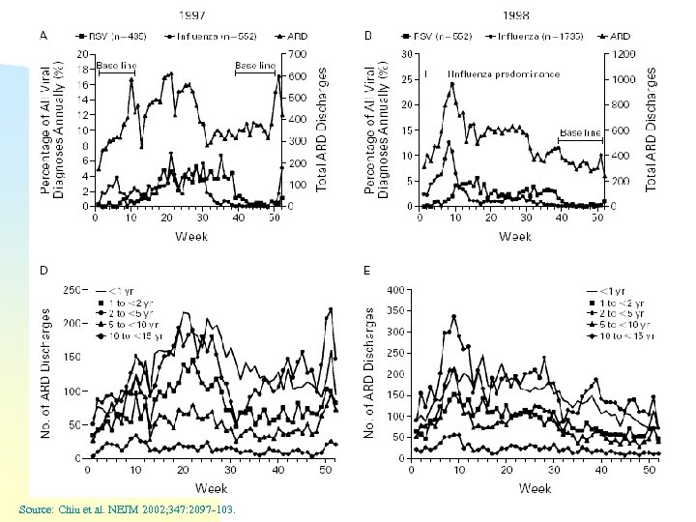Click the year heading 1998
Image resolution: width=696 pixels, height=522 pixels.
[x=515, y=16]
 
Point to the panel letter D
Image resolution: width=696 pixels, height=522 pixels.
[x=44, y=271]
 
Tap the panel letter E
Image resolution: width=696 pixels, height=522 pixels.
[x=367, y=271]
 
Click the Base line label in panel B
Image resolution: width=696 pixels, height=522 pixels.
[x=579, y=132]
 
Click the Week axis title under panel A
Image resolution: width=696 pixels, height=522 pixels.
[x=189, y=236]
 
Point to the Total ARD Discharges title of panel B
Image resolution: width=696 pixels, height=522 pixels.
[x=651, y=128]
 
